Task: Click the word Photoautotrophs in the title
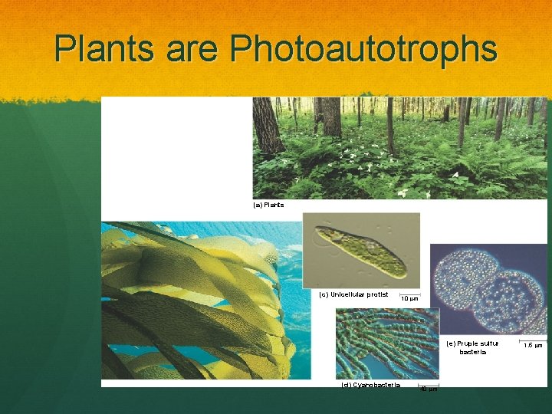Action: tap(363, 49)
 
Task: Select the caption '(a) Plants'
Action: tap(268, 205)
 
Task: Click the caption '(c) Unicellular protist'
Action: tap(353, 294)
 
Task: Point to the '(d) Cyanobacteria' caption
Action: tap(370, 385)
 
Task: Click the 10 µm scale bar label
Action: tap(409, 298)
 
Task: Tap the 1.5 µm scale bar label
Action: tap(533, 346)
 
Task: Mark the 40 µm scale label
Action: tap(429, 389)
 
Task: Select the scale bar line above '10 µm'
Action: tap(409, 291)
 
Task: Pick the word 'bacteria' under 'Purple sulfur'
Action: tap(472, 352)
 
